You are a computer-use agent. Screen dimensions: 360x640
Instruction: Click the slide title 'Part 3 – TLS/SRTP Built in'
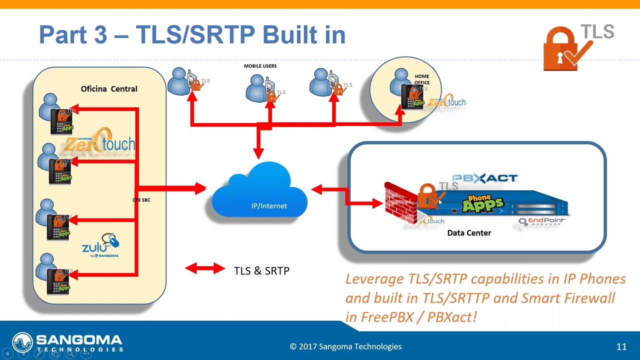[x=192, y=34]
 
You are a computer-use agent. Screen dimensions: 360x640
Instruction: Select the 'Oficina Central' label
[x=109, y=89]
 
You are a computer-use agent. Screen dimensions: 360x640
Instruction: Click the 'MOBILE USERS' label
[x=260, y=66]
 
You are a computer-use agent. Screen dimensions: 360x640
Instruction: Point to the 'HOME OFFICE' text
[x=421, y=79]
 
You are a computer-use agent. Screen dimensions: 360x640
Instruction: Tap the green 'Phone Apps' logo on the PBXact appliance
[x=482, y=203]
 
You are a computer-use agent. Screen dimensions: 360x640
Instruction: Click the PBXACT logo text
[x=484, y=178]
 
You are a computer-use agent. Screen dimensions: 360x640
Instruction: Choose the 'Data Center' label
[x=469, y=233]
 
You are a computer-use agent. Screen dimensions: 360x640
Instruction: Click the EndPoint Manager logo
[x=542, y=221]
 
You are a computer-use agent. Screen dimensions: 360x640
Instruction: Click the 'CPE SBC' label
[x=141, y=200]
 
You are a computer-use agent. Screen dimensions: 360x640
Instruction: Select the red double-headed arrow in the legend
[x=205, y=269]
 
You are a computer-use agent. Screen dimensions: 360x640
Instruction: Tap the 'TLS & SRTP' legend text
[x=261, y=271]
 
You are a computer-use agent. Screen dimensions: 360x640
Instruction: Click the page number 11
[x=621, y=346]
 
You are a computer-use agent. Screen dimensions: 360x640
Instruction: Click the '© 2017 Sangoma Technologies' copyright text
[x=345, y=346]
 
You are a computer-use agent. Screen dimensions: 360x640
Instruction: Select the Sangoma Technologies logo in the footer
[x=67, y=343]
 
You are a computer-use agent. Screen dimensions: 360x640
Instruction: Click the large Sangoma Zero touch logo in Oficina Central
[x=100, y=144]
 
